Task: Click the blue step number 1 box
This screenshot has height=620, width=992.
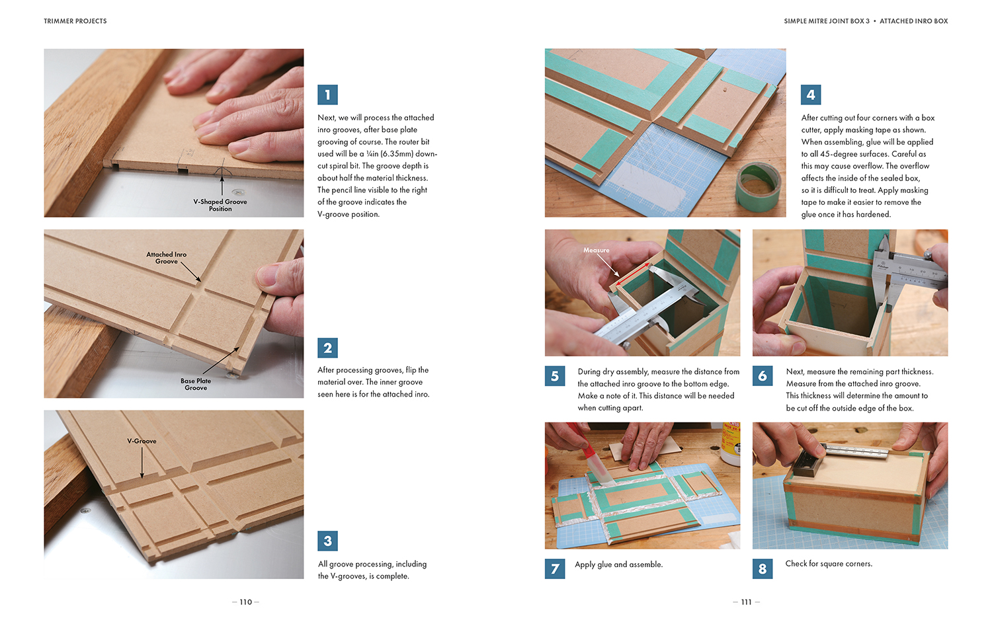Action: [x=327, y=95]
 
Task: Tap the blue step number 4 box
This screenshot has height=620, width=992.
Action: [x=810, y=95]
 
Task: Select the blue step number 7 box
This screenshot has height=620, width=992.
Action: [x=554, y=568]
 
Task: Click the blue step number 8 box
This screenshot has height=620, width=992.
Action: [x=762, y=568]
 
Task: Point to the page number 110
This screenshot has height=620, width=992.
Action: [x=246, y=602]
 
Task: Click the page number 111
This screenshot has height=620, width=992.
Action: [x=746, y=602]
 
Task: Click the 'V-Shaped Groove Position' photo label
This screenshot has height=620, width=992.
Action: [x=220, y=205]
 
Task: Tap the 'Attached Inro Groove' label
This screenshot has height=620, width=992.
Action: [x=167, y=258]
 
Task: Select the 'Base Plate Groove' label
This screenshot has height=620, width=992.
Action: [x=196, y=384]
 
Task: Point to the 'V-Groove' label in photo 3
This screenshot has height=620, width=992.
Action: [x=142, y=441]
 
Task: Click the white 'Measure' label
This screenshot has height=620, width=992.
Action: [x=596, y=250]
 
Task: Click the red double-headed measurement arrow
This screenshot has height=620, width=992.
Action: [x=634, y=275]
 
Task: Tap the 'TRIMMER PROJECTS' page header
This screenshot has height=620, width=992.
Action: [x=75, y=20]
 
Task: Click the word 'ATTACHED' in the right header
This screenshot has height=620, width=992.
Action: [x=896, y=20]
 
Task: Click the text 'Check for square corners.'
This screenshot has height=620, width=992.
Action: [x=829, y=563]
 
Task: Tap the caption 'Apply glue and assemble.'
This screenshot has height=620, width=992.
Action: [x=618, y=564]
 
